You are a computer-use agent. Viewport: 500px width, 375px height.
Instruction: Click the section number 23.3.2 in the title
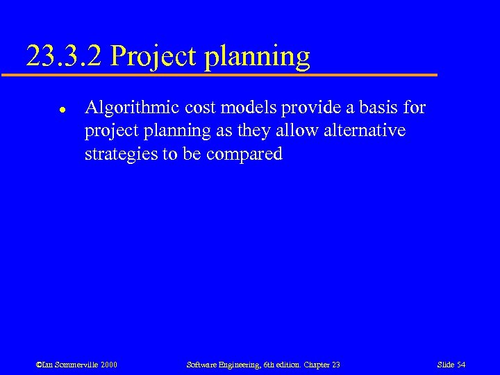click(x=65, y=56)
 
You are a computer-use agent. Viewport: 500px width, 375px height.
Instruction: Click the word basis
click(x=376, y=108)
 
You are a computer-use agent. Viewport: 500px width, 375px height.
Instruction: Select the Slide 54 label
click(x=451, y=365)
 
